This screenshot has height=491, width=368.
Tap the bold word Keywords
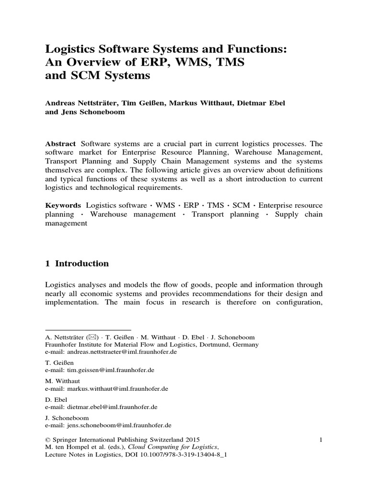(63, 205)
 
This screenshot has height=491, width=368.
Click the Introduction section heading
(82, 263)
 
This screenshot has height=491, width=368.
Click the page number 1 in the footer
(320, 439)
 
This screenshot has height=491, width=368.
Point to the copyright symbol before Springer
(47, 439)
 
